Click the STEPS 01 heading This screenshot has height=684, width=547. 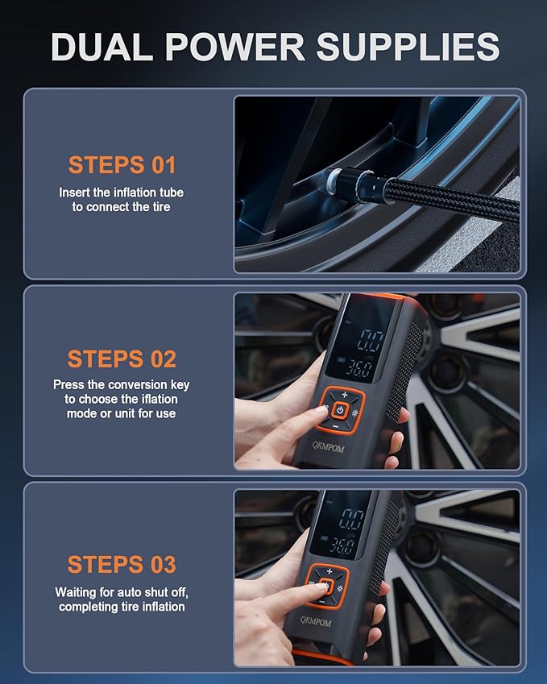tap(122, 165)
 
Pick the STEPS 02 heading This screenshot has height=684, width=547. tap(122, 359)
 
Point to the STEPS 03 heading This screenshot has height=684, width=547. tap(122, 564)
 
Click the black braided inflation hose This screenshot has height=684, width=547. tap(451, 197)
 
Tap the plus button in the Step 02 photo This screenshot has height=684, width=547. tap(345, 395)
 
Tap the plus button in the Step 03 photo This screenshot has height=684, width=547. tap(330, 571)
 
